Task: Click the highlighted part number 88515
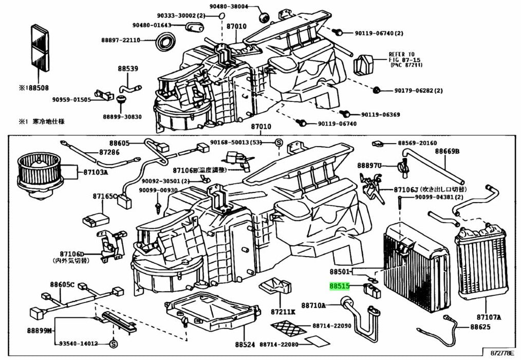tap(339, 287)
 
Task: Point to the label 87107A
tap(488, 317)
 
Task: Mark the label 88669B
tap(447, 151)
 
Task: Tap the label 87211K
tap(283, 312)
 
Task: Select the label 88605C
tap(62, 284)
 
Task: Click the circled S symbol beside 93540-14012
tap(114, 343)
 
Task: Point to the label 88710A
tap(313, 305)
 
